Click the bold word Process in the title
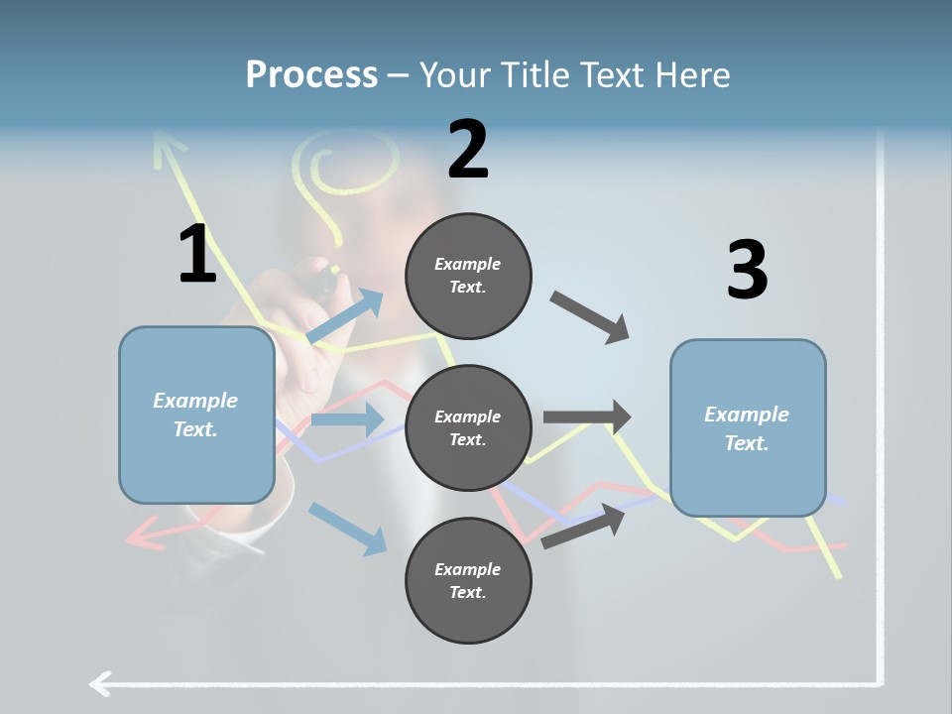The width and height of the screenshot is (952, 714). click(311, 74)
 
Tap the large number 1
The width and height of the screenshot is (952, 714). click(197, 255)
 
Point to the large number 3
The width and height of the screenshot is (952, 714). click(747, 270)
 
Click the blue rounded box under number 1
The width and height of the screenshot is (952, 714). click(196, 415)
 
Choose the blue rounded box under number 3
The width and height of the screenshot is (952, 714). click(748, 427)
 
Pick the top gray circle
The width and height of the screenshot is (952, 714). click(468, 276)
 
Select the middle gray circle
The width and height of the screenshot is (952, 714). click(468, 427)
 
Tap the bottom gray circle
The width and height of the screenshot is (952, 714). click(468, 580)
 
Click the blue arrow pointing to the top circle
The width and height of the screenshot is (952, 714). click(345, 316)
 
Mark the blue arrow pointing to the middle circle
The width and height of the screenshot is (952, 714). click(347, 419)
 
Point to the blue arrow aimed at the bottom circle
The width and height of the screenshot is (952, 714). click(347, 528)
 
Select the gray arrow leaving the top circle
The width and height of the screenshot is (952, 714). click(590, 317)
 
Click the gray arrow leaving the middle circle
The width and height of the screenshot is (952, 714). click(587, 417)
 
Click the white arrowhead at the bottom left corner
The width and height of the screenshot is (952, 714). click(99, 683)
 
